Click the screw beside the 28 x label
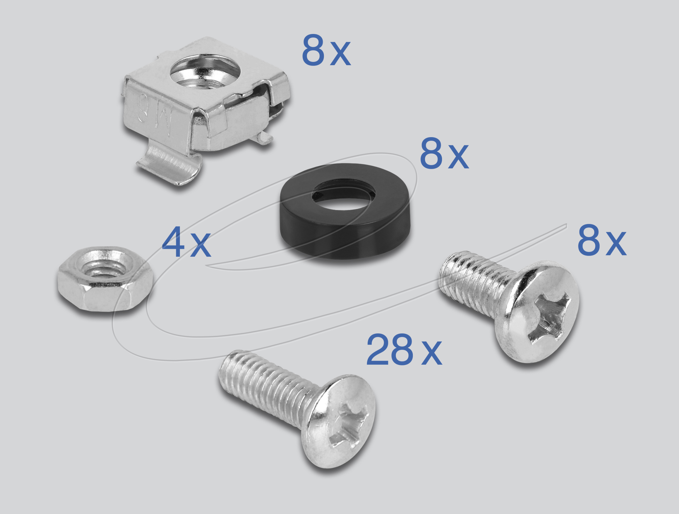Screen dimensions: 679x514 tap(299, 407)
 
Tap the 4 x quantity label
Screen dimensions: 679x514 tap(186, 242)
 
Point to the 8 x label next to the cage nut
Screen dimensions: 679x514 tap(326, 50)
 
